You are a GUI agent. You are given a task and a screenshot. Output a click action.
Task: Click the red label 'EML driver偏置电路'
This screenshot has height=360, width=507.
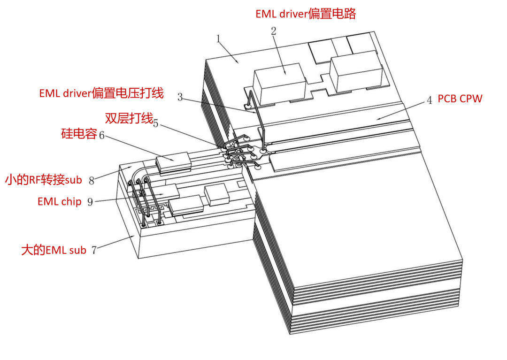[x=306, y=14]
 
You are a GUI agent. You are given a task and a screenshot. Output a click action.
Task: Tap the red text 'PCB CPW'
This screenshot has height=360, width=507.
[x=460, y=99]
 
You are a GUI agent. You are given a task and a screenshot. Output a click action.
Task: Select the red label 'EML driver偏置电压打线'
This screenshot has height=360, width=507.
[x=101, y=93]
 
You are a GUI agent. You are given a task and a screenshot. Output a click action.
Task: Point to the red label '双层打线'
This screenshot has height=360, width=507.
[x=129, y=118]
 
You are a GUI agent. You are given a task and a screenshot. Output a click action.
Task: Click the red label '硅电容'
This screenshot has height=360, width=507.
[x=79, y=133]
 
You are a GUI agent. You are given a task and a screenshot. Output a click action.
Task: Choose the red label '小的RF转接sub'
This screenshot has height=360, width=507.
[x=44, y=180]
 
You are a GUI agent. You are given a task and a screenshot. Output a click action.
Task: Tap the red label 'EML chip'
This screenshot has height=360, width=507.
[x=60, y=201]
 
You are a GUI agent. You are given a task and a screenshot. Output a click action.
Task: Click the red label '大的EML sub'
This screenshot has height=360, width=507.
[x=54, y=250]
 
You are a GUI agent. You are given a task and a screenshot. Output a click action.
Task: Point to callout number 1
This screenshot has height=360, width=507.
[x=218, y=39]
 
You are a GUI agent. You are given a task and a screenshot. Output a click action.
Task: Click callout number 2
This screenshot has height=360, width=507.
[x=274, y=31]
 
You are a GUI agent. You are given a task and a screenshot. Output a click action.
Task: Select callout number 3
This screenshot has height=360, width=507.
[x=180, y=97]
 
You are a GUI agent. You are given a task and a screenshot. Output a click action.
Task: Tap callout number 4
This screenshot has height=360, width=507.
[x=429, y=100]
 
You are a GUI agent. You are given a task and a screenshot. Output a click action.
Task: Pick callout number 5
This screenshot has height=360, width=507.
[x=155, y=123]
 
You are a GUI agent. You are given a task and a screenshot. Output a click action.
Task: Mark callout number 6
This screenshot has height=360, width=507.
[x=101, y=135]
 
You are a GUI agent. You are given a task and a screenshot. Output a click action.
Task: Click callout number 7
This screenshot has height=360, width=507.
[x=94, y=250]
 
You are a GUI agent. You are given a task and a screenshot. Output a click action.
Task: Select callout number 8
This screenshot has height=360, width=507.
[x=92, y=181]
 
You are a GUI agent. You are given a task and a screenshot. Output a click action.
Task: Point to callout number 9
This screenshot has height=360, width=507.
[x=90, y=202]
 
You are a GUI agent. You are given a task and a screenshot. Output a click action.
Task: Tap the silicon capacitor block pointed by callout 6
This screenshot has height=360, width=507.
[x=173, y=161]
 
